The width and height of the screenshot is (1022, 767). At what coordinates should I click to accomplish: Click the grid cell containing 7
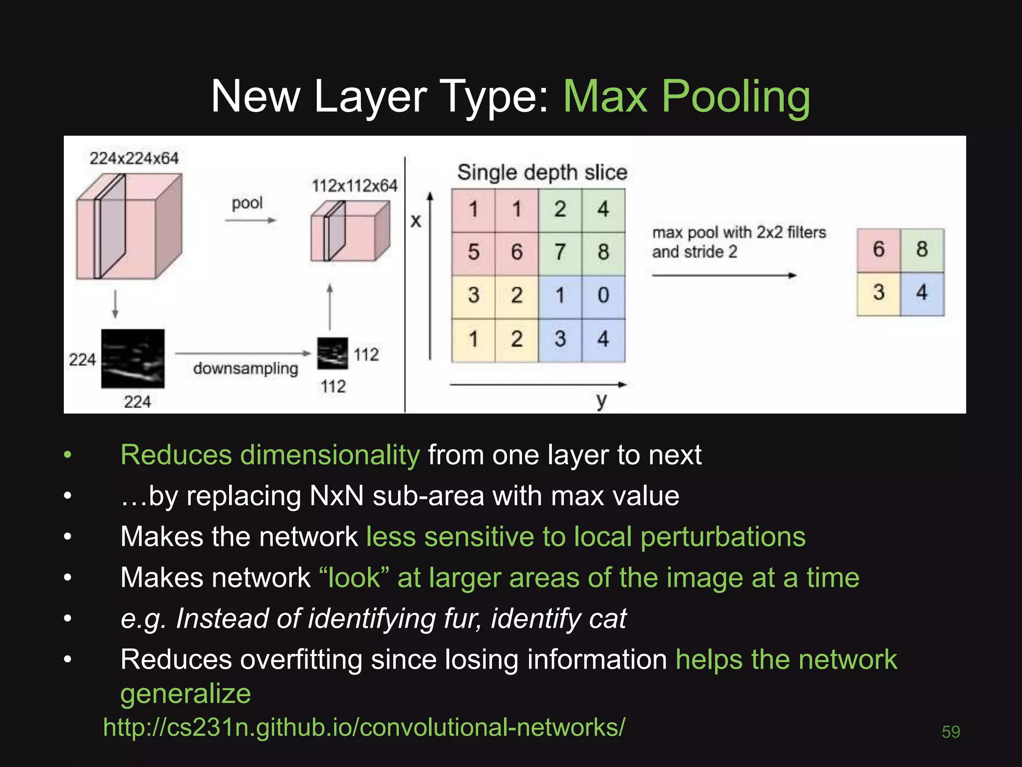pyautogui.click(x=560, y=253)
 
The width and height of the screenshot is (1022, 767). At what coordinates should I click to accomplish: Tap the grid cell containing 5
pyautogui.click(x=473, y=253)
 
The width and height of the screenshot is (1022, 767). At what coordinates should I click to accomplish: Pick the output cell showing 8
pyautogui.click(x=922, y=250)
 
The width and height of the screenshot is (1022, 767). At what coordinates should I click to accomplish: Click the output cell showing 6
pyautogui.click(x=879, y=250)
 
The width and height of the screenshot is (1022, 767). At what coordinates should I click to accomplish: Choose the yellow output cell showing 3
pyautogui.click(x=879, y=293)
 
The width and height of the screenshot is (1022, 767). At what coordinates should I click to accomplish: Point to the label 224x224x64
pyautogui.click(x=134, y=159)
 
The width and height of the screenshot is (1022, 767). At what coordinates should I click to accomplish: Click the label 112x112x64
pyautogui.click(x=354, y=186)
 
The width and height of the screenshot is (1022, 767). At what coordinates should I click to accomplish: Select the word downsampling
pyautogui.click(x=246, y=369)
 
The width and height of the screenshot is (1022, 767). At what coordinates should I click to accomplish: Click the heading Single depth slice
pyautogui.click(x=542, y=173)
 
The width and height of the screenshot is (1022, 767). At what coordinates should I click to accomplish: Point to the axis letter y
pyautogui.click(x=602, y=400)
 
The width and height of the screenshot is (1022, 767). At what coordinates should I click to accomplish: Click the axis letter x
pyautogui.click(x=416, y=221)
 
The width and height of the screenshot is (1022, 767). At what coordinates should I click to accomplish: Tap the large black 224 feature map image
pyautogui.click(x=133, y=359)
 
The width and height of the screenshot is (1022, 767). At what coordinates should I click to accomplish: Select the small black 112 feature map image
pyautogui.click(x=332, y=354)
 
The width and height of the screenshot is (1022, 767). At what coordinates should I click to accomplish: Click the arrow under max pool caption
pyautogui.click(x=724, y=275)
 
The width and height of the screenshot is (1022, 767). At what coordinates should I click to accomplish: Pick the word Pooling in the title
pyautogui.click(x=736, y=97)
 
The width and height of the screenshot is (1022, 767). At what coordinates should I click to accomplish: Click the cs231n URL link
pyautogui.click(x=364, y=728)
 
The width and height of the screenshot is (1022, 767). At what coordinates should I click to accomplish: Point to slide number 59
pyautogui.click(x=951, y=732)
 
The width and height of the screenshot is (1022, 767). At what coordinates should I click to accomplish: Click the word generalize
pyautogui.click(x=186, y=694)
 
